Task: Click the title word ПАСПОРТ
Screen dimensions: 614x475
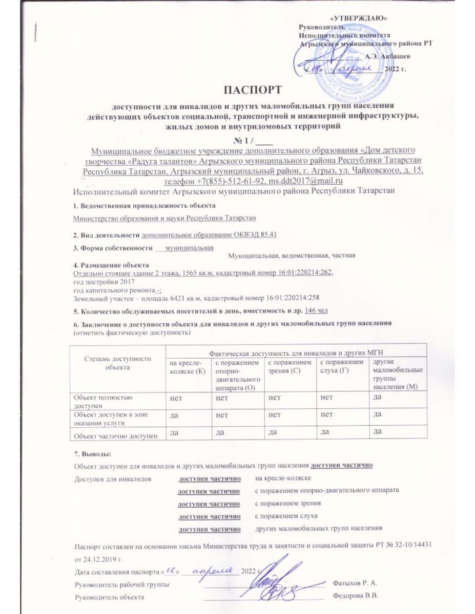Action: pyautogui.click(x=253, y=90)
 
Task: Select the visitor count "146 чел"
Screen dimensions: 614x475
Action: pyautogui.click(x=317, y=310)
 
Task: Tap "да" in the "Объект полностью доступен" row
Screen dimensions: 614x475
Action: pyautogui.click(x=379, y=398)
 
